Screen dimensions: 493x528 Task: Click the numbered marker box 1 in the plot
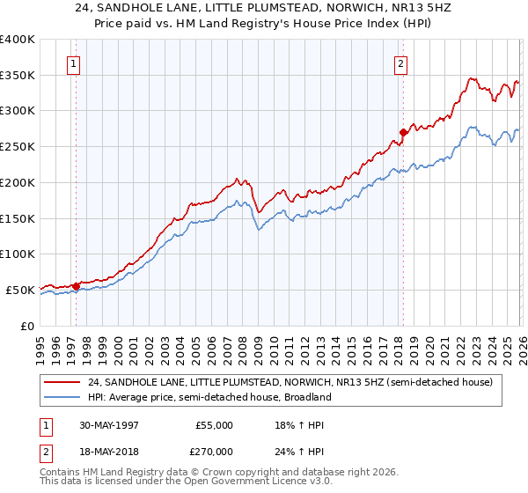(x=73, y=63)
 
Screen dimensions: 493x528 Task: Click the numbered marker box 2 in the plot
(x=400, y=63)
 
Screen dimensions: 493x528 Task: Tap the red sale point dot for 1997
(x=77, y=285)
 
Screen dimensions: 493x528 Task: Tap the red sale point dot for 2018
(x=402, y=133)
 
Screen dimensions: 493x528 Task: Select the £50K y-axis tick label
(x=20, y=290)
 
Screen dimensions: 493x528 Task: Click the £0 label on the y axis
(x=28, y=326)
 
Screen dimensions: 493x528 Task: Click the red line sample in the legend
(x=63, y=382)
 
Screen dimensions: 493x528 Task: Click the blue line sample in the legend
(x=63, y=397)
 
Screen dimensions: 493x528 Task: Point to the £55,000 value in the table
(x=214, y=424)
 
